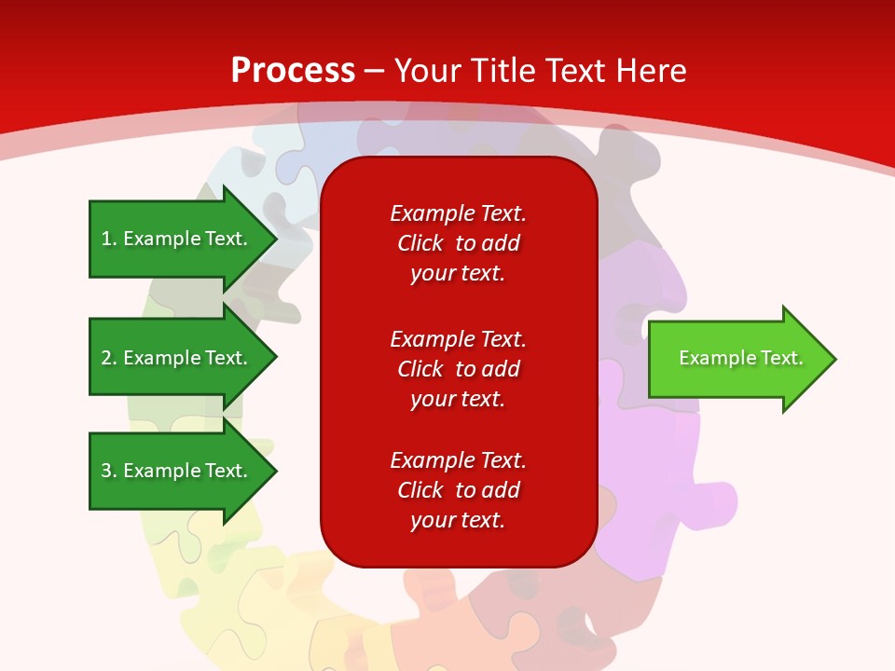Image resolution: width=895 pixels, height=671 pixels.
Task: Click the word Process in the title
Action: point(293,71)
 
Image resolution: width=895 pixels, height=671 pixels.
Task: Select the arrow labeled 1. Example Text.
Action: point(177,239)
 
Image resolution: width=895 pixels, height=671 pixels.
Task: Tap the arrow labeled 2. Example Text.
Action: point(177,358)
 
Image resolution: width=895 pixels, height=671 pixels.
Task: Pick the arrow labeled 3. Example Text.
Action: point(177,471)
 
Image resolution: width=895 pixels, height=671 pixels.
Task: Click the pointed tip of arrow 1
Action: point(274,239)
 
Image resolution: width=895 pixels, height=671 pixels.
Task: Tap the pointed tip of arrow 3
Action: point(274,471)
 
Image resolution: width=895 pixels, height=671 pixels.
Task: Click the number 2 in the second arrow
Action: point(106,358)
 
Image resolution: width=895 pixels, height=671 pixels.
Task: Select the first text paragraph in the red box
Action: point(458,243)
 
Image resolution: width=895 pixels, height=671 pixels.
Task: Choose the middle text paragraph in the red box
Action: point(458,369)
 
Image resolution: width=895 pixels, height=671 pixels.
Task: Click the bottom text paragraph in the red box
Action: point(458,490)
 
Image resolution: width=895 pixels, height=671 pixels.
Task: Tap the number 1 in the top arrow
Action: point(106,239)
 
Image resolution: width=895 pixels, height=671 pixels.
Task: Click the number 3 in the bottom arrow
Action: point(106,471)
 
